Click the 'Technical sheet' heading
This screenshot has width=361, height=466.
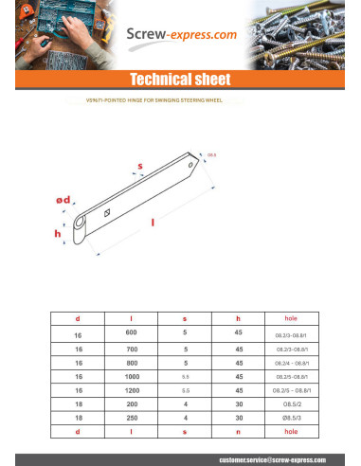coord(180,78)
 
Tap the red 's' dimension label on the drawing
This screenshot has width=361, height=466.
coord(140,167)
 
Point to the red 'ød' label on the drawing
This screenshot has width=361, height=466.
coord(63,201)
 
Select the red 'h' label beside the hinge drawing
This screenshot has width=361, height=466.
coord(58,233)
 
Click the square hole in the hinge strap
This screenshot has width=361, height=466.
coord(109,211)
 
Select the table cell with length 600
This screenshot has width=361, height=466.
coord(132,333)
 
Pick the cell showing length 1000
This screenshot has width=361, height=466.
coord(132,376)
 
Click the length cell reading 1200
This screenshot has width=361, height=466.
coord(132,389)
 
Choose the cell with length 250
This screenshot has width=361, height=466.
coord(132,418)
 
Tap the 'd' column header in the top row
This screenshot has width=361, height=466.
coord(79,318)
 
